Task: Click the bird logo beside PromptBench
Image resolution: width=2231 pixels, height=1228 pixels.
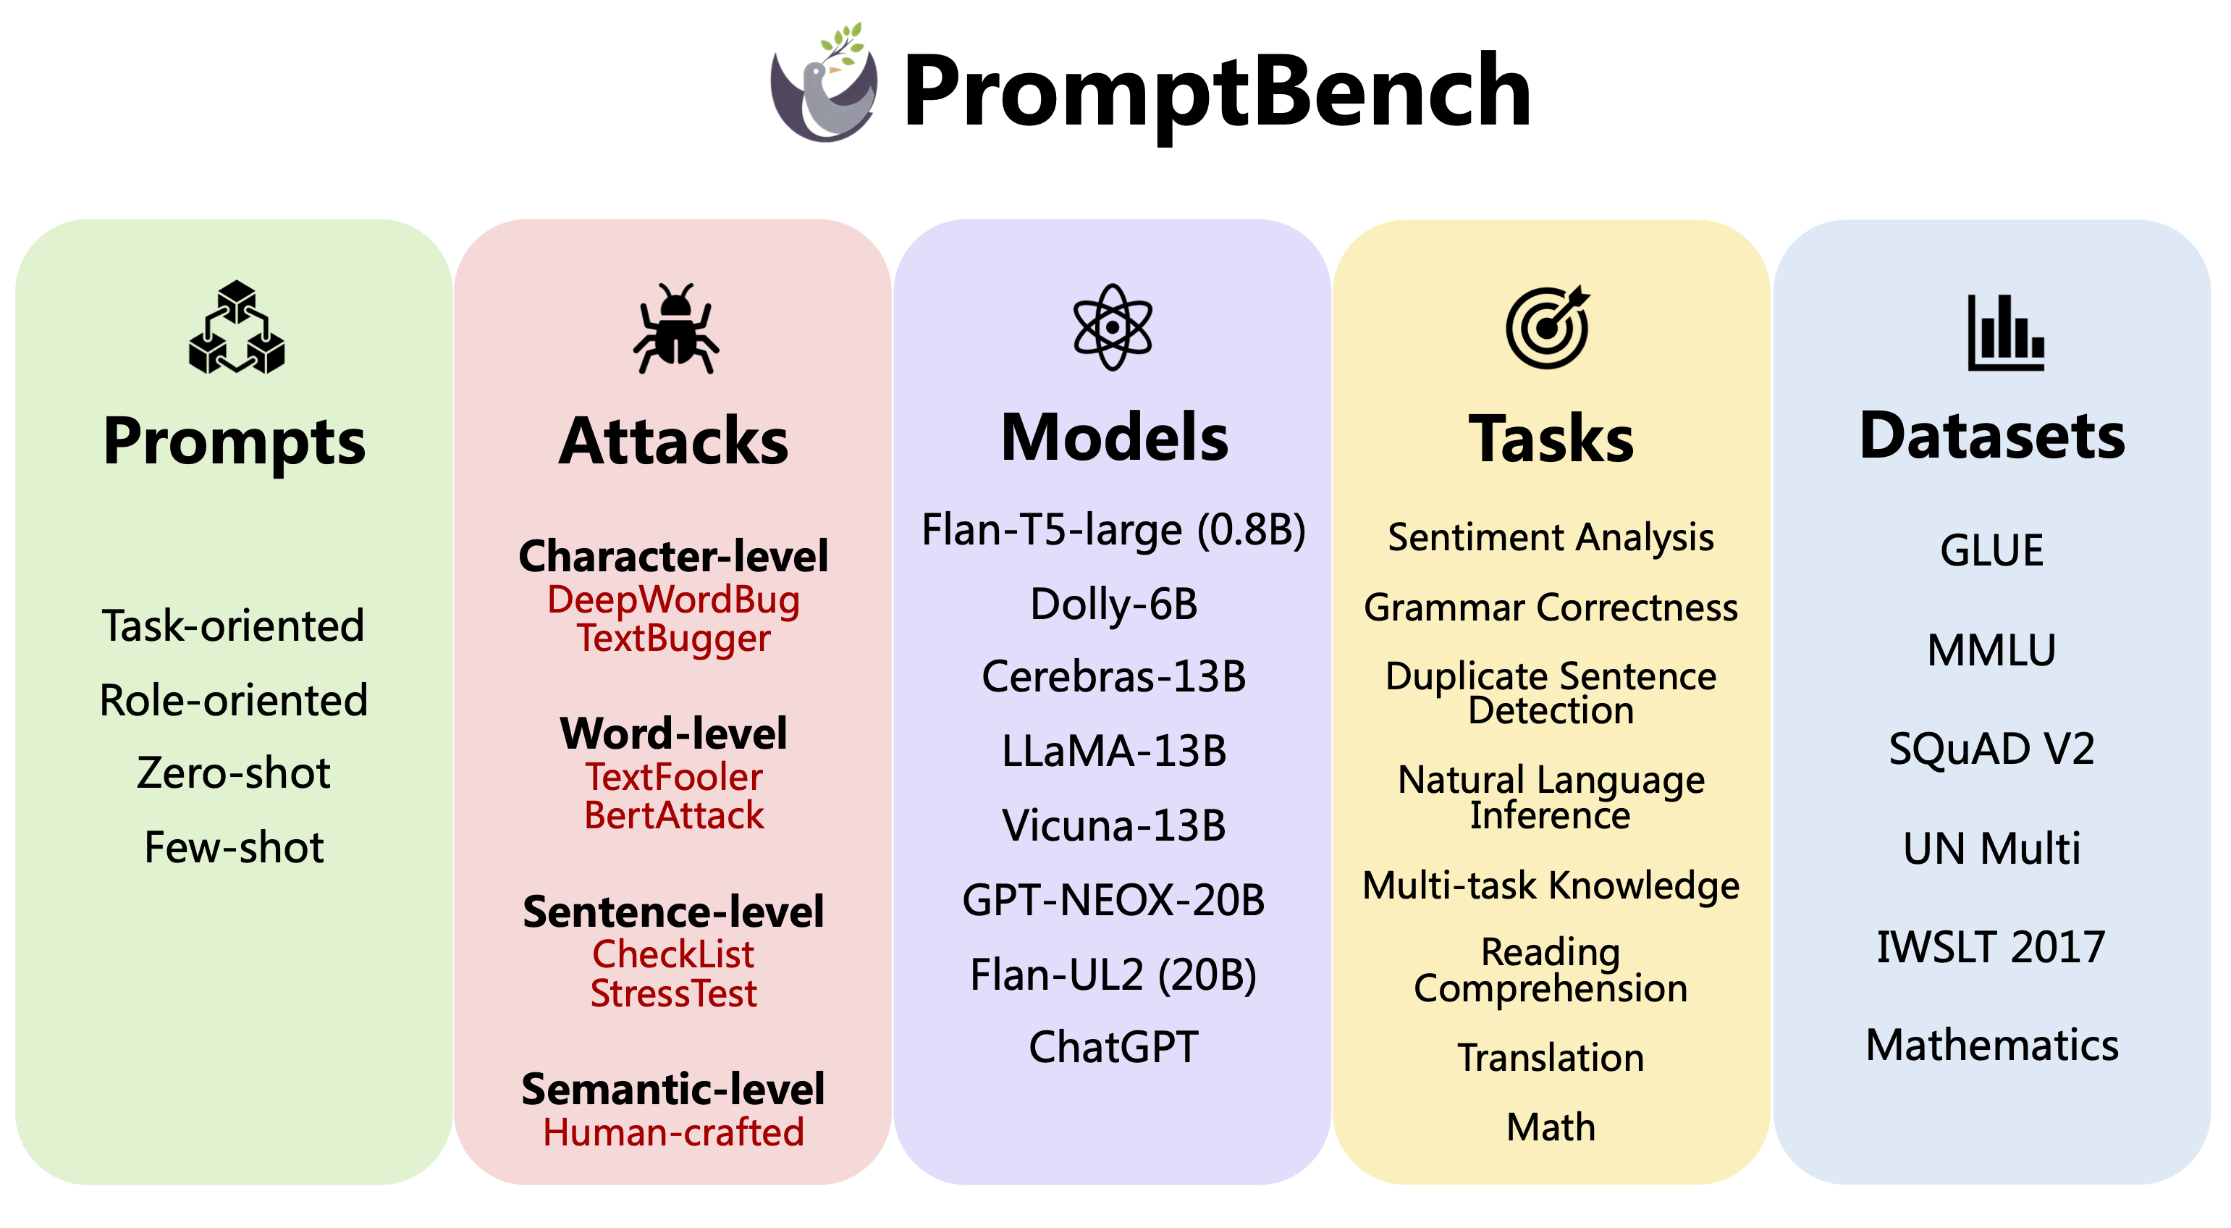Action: pyautogui.click(x=824, y=87)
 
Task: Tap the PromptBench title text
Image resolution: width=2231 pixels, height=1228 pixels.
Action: pyautogui.click(x=1217, y=92)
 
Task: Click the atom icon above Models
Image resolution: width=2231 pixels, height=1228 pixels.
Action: pyautogui.click(x=1113, y=327)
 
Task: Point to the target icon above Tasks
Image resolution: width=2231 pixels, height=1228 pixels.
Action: pyautogui.click(x=1548, y=327)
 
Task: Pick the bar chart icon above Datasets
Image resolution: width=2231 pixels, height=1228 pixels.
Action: pyautogui.click(x=2005, y=333)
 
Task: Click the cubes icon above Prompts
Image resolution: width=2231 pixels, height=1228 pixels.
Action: pyautogui.click(x=237, y=327)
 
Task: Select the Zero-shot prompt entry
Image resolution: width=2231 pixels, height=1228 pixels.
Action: pyautogui.click(x=234, y=773)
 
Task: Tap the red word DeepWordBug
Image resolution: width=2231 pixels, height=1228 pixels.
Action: pyautogui.click(x=674, y=600)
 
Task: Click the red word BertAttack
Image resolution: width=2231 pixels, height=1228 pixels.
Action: pyautogui.click(x=674, y=815)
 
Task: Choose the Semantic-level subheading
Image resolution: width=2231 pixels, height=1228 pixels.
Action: pyautogui.click(x=674, y=1088)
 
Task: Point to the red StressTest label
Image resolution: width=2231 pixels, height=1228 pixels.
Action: pyautogui.click(x=674, y=993)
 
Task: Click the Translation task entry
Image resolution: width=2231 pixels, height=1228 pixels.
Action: pyautogui.click(x=1551, y=1057)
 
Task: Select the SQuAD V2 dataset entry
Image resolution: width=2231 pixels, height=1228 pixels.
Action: pyautogui.click(x=1992, y=748)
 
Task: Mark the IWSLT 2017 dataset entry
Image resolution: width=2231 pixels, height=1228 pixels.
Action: pyautogui.click(x=1991, y=946)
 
